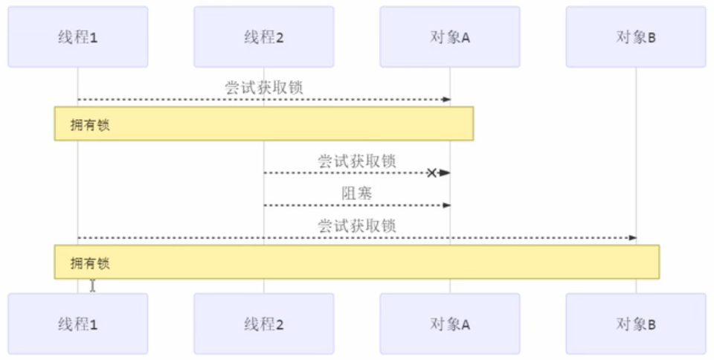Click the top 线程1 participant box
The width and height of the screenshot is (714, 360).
tap(78, 37)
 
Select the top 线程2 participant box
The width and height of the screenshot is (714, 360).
tap(264, 37)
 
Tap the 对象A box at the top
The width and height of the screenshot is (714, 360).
tap(450, 37)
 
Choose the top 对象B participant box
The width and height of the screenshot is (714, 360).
tap(636, 37)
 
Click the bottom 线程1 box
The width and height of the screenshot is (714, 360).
tap(78, 324)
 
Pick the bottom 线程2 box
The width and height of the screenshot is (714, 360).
tap(264, 324)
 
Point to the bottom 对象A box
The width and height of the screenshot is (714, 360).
tap(450, 324)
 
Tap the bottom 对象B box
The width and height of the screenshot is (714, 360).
tap(636, 324)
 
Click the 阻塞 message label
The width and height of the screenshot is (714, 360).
tap(356, 193)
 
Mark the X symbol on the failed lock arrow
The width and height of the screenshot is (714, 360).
tap(431, 173)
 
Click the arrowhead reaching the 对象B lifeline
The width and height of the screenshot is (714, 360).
tap(633, 237)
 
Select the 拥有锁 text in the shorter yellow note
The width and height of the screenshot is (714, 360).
tap(90, 125)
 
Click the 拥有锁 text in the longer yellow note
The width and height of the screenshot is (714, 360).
tap(90, 263)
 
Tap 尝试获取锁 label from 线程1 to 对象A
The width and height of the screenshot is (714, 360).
tap(264, 88)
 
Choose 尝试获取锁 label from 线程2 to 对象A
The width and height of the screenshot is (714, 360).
tap(356, 161)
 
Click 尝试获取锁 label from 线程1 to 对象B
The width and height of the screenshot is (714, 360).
tap(356, 226)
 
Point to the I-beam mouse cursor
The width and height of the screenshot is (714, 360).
tap(92, 285)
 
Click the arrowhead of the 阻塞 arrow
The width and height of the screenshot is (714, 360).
tap(447, 205)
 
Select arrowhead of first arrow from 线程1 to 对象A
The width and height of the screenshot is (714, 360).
tap(447, 99)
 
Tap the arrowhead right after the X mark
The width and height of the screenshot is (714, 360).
tap(445, 173)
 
